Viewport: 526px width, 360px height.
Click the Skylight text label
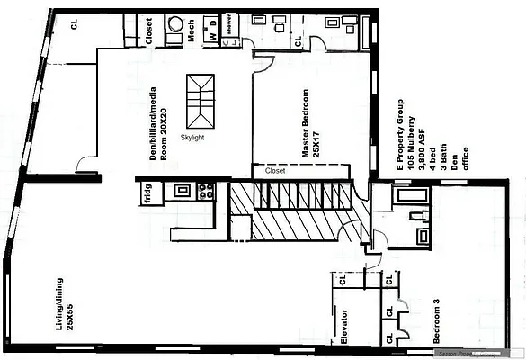click(192, 136)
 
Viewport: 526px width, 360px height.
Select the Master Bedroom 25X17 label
click(311, 125)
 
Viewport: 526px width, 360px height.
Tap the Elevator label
click(343, 328)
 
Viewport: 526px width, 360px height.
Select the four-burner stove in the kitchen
click(206, 191)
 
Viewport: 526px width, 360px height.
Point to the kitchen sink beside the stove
click(183, 191)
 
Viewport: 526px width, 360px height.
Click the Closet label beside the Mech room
click(147, 33)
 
